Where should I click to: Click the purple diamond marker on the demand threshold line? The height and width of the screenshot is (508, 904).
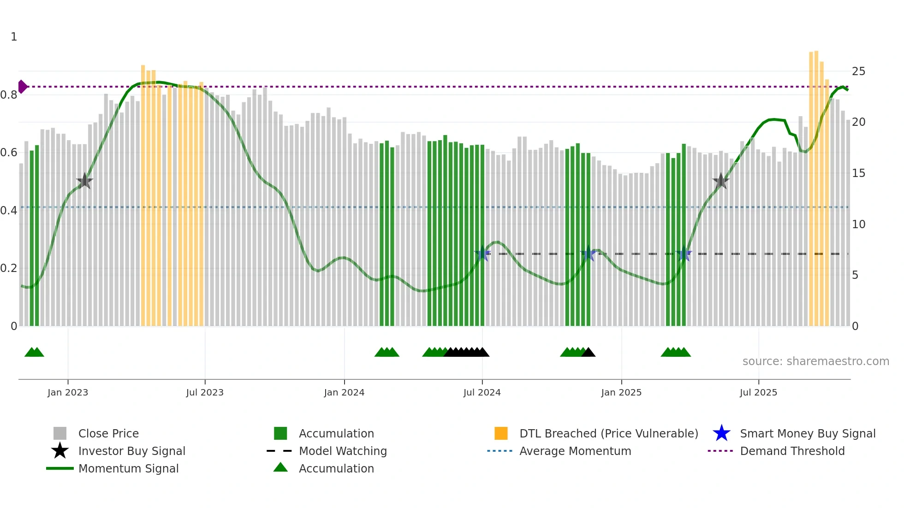22,87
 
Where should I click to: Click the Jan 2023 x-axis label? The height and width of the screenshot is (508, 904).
68,393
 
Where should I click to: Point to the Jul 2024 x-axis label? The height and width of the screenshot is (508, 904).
482,393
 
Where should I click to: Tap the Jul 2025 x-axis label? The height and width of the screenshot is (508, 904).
758,393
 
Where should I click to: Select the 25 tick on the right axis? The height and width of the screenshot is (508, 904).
858,71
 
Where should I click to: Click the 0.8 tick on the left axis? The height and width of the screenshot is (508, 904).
9,95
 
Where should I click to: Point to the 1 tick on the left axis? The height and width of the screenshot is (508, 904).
14,37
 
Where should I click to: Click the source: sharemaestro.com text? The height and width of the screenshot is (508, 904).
815,361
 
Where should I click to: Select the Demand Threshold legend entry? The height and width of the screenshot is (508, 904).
792,451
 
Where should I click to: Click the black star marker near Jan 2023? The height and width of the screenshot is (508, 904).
84,181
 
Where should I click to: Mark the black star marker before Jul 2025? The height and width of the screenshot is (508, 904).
720,181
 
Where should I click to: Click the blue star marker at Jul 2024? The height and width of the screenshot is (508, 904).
482,254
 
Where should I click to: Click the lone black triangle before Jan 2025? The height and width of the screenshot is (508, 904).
589,353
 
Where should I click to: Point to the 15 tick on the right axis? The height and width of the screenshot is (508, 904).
858,173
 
